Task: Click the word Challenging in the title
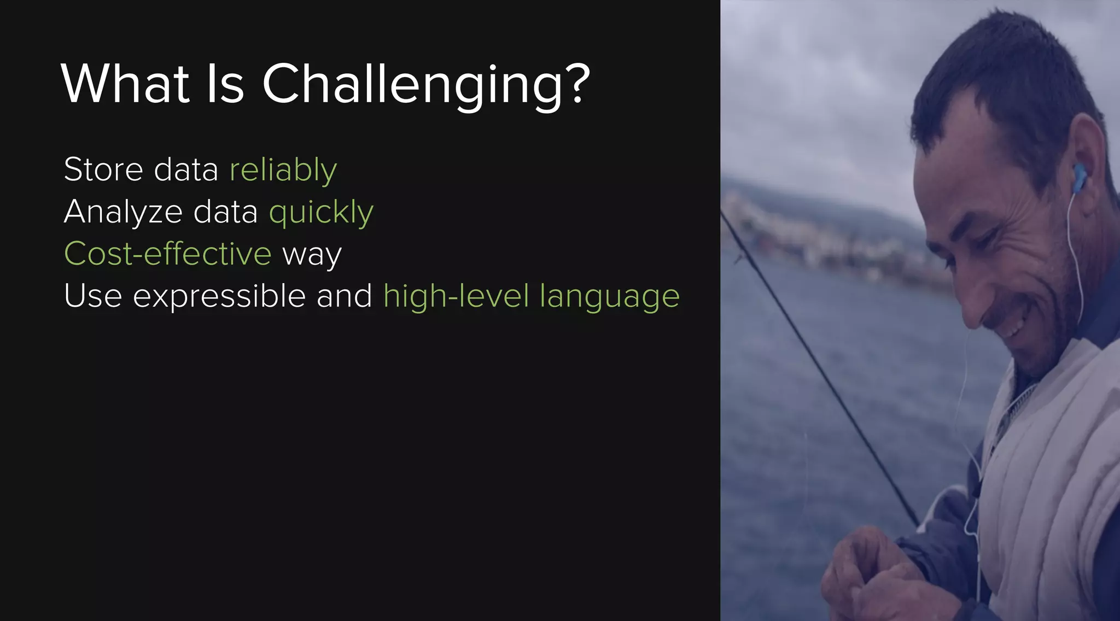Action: tap(413, 85)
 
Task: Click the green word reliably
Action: tap(283, 170)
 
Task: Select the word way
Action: tap(312, 255)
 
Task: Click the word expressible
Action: tap(219, 296)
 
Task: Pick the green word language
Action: tap(609, 297)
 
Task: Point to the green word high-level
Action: tap(456, 296)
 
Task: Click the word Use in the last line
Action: tap(92, 296)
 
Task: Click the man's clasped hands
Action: tap(875, 579)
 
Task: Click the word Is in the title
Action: tap(225, 85)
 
